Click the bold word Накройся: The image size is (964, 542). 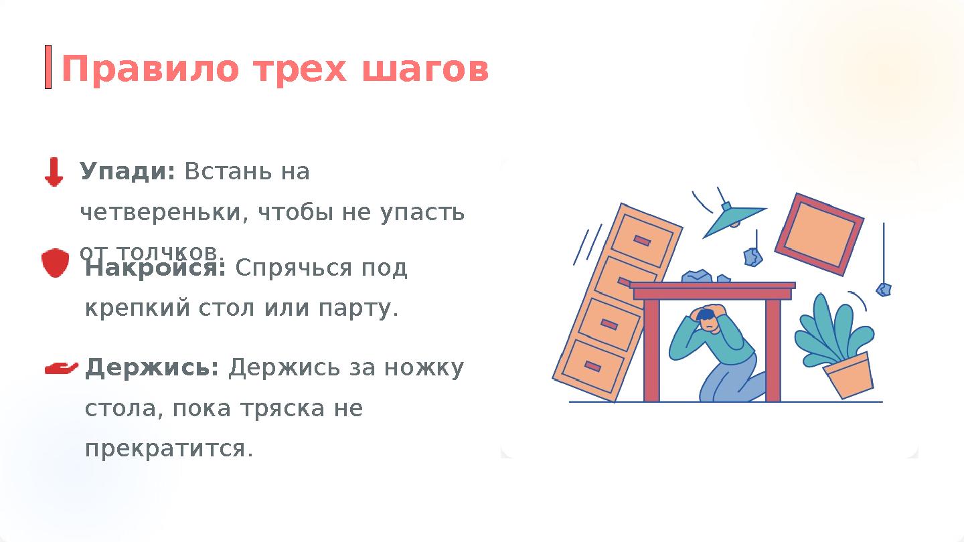pos(155,268)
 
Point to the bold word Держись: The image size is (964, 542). pos(152,367)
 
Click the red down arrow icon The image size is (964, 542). pos(54,172)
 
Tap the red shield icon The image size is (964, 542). pos(55,262)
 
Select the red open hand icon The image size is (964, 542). pos(61,367)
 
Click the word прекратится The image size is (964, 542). pos(169,448)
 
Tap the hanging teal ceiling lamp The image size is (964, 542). pos(732,219)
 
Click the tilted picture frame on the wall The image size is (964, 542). pos(819,234)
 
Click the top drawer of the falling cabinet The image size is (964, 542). pos(641,239)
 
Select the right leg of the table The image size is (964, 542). pos(773,349)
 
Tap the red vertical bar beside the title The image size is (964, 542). pos(48,67)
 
